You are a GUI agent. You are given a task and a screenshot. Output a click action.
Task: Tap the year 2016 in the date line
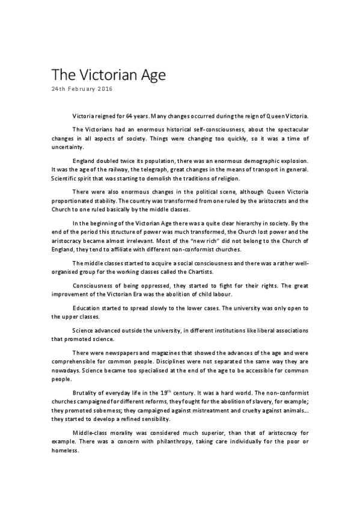(x=103, y=89)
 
